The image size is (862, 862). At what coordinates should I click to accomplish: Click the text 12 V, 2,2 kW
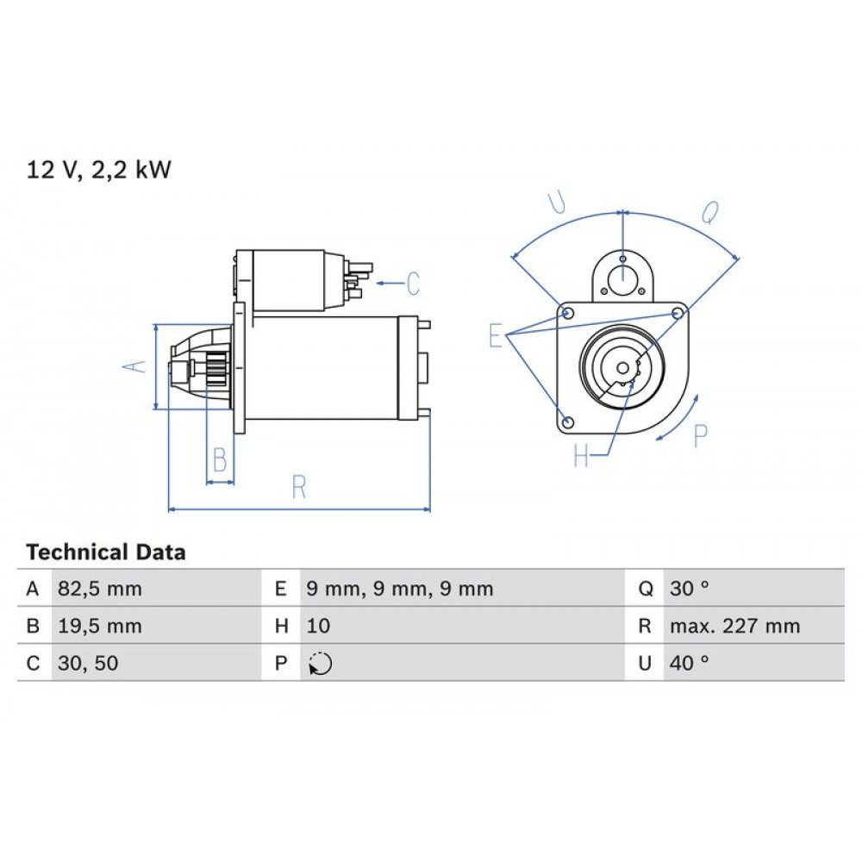coord(99,170)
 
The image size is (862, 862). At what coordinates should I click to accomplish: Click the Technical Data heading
coord(105,553)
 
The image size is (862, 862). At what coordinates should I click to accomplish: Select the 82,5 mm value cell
coord(99,590)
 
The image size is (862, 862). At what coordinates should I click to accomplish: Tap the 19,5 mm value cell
coord(99,627)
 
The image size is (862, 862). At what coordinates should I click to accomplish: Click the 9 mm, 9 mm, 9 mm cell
coord(399,590)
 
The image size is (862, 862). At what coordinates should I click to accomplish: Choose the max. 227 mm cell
coord(734,627)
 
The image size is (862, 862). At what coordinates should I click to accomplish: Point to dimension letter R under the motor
coord(299,487)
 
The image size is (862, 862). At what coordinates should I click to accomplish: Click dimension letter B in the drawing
coord(220,460)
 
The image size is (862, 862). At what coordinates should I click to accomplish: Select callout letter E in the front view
coord(495,335)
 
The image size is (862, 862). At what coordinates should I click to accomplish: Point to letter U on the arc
coord(557,203)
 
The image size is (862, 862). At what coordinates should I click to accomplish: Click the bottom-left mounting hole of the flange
coord(567,422)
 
